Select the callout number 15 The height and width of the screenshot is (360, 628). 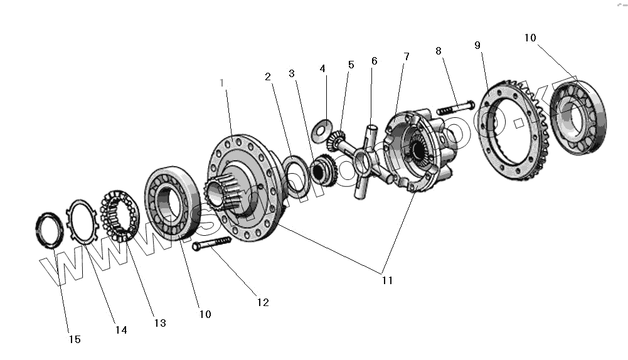75,339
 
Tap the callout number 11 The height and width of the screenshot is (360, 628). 387,280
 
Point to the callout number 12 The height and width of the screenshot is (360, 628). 262,302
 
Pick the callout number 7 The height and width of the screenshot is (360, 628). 406,56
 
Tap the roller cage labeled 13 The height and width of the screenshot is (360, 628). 119,213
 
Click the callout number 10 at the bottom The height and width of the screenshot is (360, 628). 205,313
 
